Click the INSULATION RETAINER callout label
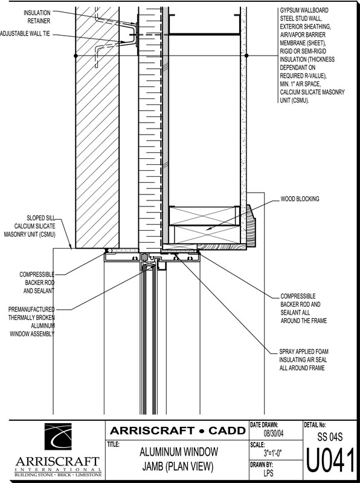pyautogui.click(x=37, y=17)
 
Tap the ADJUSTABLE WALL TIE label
pyautogui.click(x=25, y=34)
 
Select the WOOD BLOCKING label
pyautogui.click(x=300, y=199)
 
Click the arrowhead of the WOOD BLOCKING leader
pyautogui.click(x=207, y=229)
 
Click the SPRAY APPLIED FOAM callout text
pyautogui.click(x=303, y=359)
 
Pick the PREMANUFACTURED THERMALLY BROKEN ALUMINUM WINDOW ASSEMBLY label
pyautogui.click(x=31, y=322)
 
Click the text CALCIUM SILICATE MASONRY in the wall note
pyautogui.click(x=312, y=92)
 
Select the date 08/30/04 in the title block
pyautogui.click(x=274, y=433)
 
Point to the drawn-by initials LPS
pyautogui.click(x=268, y=473)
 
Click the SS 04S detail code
pyautogui.click(x=330, y=437)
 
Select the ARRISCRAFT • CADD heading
pyautogui.click(x=178, y=430)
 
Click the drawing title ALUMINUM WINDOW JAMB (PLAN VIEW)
pyautogui.click(x=178, y=459)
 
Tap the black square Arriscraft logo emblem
pyautogui.click(x=58, y=436)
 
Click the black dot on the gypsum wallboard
pyautogui.click(x=246, y=56)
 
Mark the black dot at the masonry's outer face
pyautogui.click(x=76, y=56)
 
